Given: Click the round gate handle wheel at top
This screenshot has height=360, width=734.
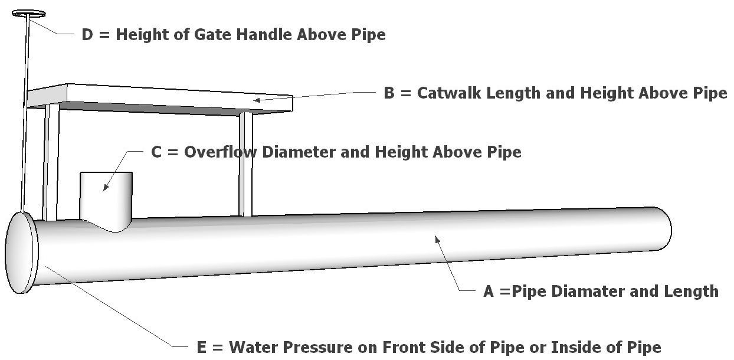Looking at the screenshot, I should coord(28,13).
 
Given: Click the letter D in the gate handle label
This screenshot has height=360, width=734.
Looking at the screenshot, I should coord(87,34).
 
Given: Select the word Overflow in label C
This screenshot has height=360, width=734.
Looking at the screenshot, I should coord(221,152).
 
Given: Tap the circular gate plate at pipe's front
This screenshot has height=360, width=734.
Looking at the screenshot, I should coord(21,253).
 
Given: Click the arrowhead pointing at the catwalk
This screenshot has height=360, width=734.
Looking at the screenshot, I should coord(257,100).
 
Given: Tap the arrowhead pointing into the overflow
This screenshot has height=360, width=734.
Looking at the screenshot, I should coord(105,188).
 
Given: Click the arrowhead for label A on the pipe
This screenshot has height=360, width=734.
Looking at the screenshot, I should coord(437,238).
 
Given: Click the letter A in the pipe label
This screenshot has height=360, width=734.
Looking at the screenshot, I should coord(488,291).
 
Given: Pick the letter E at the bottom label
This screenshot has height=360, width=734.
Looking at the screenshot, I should coord(201,347).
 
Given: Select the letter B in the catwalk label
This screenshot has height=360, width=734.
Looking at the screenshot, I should coord(389,93).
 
